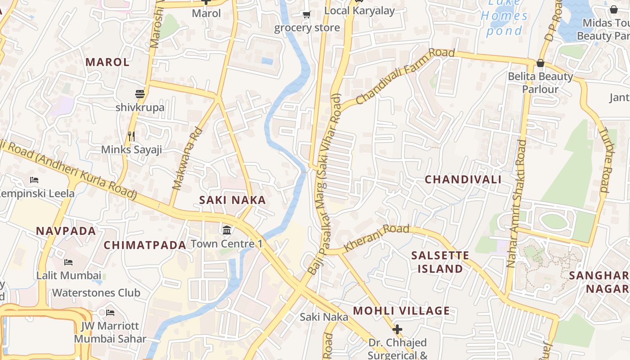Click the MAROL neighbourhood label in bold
point(108,62)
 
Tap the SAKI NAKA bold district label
point(233,200)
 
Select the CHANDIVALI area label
point(463,180)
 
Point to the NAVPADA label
point(66,231)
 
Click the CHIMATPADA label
point(145,245)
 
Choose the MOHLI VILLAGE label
point(401,311)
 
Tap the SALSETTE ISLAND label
point(440,262)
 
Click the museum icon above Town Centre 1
point(227,230)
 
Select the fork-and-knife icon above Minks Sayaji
point(131,135)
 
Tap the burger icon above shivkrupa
point(140,94)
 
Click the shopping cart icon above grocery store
point(307,14)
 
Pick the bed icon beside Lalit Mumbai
point(68,262)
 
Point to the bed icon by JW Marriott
point(110,312)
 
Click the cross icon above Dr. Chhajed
point(397,329)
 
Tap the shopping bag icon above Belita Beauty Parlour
point(540,63)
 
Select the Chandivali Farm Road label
point(405,76)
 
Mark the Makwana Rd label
point(188,158)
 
